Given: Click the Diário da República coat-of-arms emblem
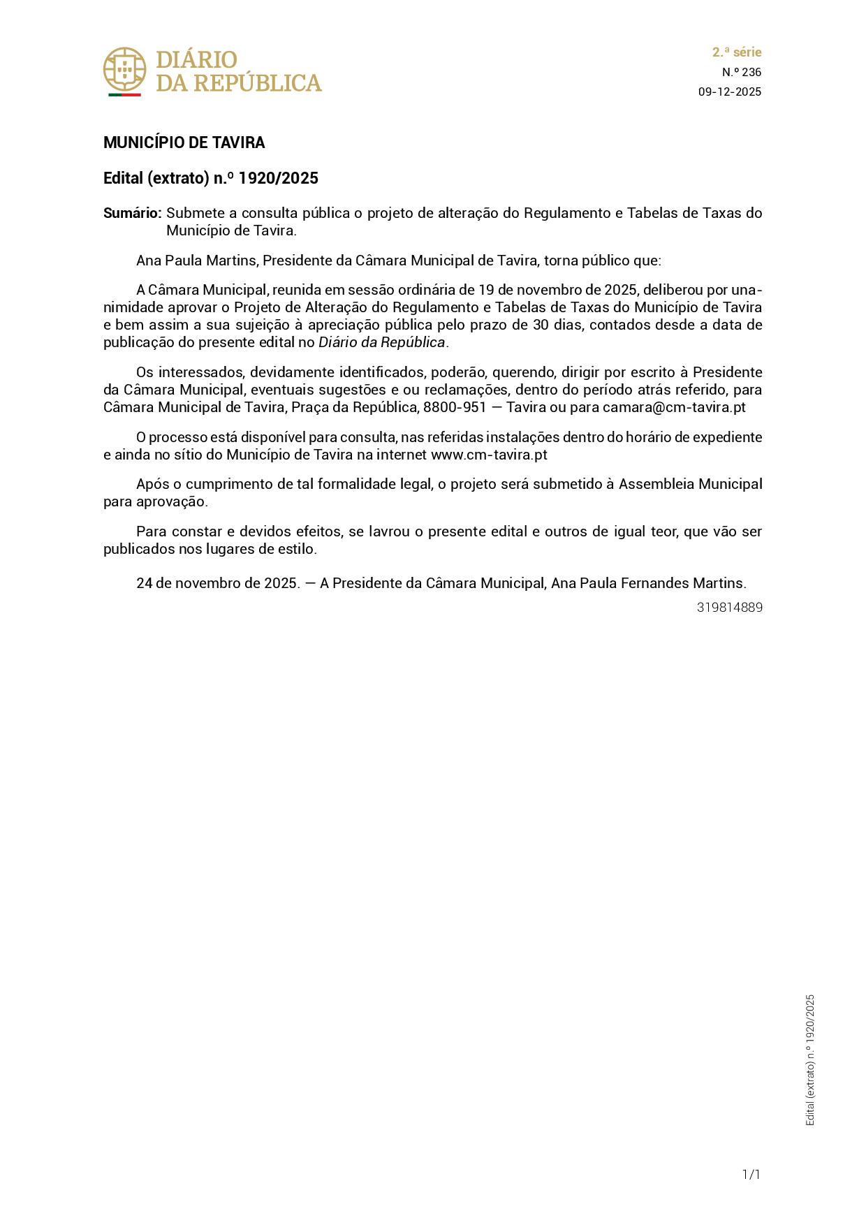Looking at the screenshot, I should click(x=124, y=71).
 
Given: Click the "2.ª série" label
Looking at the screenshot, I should click(x=736, y=52).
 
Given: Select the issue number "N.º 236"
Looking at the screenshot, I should click(x=741, y=72).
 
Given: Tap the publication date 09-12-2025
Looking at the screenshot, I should click(x=729, y=92).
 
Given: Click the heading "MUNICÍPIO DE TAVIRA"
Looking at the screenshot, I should click(x=184, y=143).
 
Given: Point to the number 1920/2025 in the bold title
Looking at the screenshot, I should click(x=278, y=179).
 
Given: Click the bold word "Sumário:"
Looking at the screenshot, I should click(x=133, y=213).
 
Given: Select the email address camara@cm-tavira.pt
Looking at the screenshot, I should click(x=674, y=407).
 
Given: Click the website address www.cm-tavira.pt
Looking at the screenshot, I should click(x=489, y=455).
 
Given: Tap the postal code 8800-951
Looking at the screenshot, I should click(x=455, y=407).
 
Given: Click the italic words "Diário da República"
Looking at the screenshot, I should click(x=381, y=342).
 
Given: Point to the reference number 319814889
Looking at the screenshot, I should click(x=729, y=608).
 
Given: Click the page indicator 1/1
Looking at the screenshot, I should click(x=751, y=1175).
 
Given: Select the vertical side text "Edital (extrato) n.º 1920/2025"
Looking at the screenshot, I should click(x=810, y=1059).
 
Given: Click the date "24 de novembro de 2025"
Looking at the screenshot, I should click(x=217, y=583).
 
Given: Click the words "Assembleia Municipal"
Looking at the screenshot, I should click(x=690, y=484).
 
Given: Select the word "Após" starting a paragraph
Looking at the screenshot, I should click(x=150, y=484).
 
